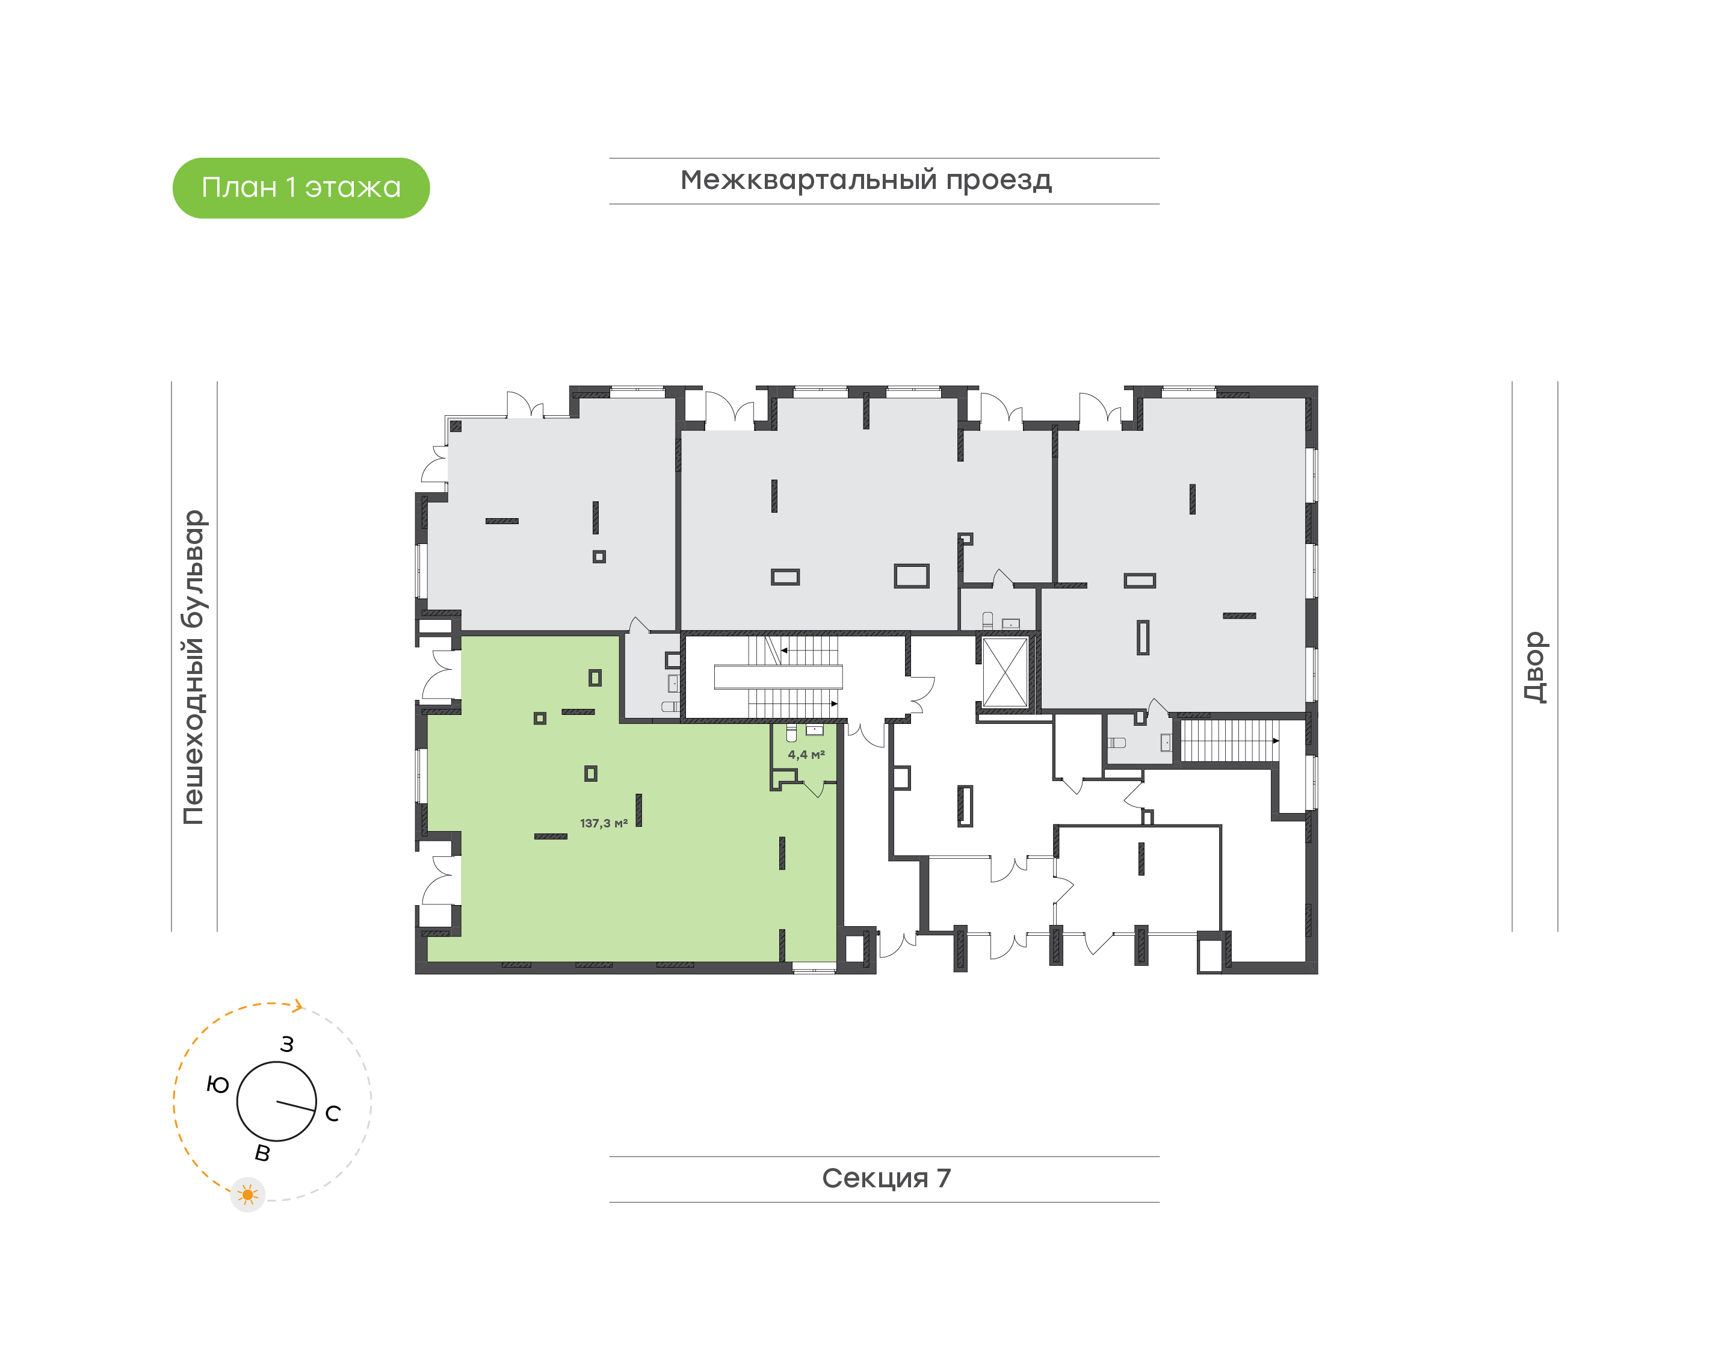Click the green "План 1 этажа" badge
301,188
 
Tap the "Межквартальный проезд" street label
865,180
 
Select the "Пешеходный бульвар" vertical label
193,667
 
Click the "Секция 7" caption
886,1178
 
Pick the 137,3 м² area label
604,823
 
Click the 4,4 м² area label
806,754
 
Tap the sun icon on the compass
247,1195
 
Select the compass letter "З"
286,1044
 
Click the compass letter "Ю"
217,1084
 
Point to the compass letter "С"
333,1113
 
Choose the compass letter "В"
262,1153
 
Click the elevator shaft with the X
1005,672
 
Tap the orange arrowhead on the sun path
298,1007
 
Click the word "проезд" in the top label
998,181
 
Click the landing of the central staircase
777,677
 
